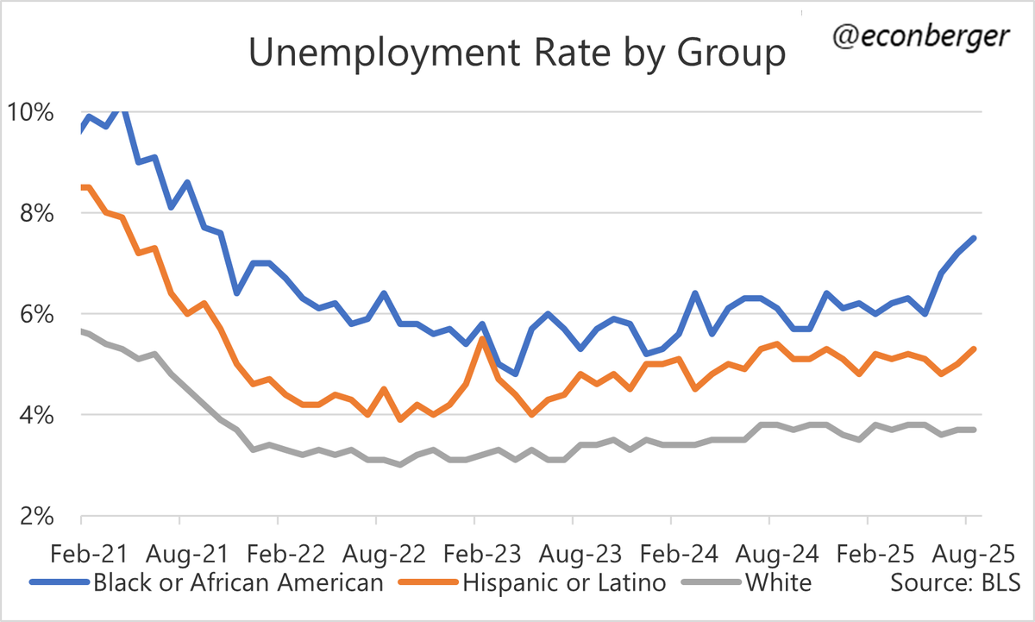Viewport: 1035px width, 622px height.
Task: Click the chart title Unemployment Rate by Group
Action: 517,54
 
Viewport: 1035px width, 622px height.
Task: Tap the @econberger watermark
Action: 925,36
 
